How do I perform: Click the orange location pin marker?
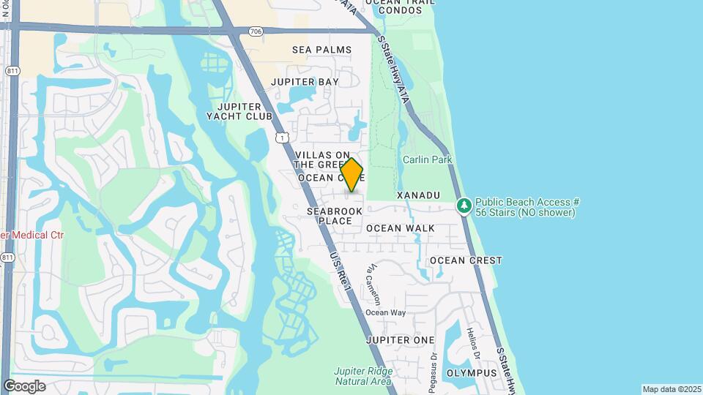click(352, 175)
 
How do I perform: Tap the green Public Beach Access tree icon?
click(464, 206)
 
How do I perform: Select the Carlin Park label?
click(427, 159)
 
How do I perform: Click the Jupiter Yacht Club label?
click(239, 111)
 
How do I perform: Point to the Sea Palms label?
click(321, 50)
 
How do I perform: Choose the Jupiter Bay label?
click(305, 82)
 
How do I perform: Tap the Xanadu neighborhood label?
click(418, 195)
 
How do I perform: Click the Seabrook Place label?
click(335, 216)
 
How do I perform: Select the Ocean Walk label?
click(401, 228)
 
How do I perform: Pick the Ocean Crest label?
click(466, 260)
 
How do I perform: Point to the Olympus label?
click(471, 373)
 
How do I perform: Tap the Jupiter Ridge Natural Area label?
click(364, 376)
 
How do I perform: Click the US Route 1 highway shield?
click(283, 137)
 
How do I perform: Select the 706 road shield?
click(256, 31)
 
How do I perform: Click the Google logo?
click(24, 386)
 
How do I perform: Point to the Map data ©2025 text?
click(672, 389)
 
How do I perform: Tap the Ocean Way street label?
click(385, 313)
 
